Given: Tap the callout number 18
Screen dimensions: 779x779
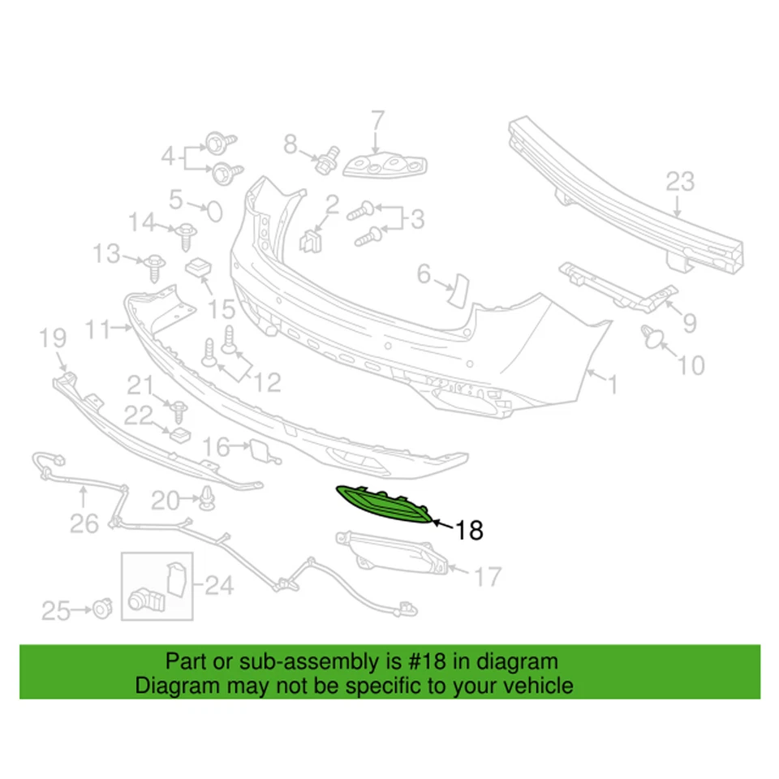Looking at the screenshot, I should pyautogui.click(x=469, y=531).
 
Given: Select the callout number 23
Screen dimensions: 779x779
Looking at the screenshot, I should pyautogui.click(x=680, y=181).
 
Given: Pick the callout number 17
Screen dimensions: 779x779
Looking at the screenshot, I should pyautogui.click(x=488, y=577).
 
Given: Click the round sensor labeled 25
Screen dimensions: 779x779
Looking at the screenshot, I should pyautogui.click(x=102, y=606).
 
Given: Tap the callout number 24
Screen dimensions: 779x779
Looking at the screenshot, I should pyautogui.click(x=218, y=583).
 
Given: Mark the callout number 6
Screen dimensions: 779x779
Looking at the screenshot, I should pyautogui.click(x=424, y=275).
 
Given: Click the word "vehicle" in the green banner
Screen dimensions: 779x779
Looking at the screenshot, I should pyautogui.click(x=538, y=686).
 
